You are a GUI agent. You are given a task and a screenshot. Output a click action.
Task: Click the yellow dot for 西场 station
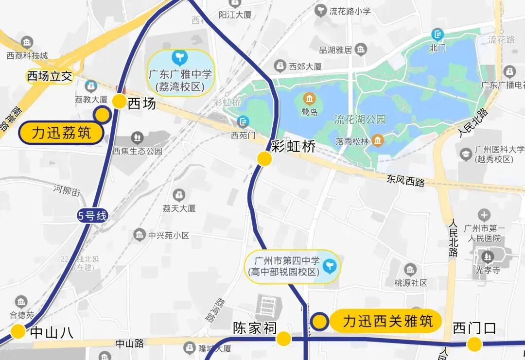(x=120, y=101)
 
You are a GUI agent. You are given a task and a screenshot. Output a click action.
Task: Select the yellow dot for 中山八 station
(x=18, y=331)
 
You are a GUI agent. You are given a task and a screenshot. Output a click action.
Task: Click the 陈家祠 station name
(x=255, y=328)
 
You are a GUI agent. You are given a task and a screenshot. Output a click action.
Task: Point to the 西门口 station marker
(x=474, y=344)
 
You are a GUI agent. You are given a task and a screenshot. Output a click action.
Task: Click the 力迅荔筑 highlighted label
(x=61, y=133)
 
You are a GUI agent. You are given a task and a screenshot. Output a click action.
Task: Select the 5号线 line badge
(x=92, y=215)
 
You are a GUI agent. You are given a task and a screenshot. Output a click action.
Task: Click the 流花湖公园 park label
(x=360, y=119)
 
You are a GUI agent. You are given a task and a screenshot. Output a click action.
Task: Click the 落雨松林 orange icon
(x=378, y=141)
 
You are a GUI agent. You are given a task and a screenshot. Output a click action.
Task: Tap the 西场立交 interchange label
(x=50, y=76)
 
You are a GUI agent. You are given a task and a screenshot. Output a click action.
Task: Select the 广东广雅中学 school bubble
(x=181, y=73)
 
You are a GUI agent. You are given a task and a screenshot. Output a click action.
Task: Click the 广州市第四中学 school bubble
(x=292, y=267)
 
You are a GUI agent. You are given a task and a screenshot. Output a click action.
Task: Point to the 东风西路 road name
(x=406, y=181)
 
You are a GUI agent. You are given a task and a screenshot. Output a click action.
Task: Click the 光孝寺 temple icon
(x=486, y=255)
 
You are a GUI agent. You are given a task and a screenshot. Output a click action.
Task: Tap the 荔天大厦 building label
(x=179, y=208)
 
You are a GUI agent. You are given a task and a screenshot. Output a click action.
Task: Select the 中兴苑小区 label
(x=168, y=235)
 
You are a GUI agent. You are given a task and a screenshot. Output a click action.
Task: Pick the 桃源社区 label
(x=410, y=282)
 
